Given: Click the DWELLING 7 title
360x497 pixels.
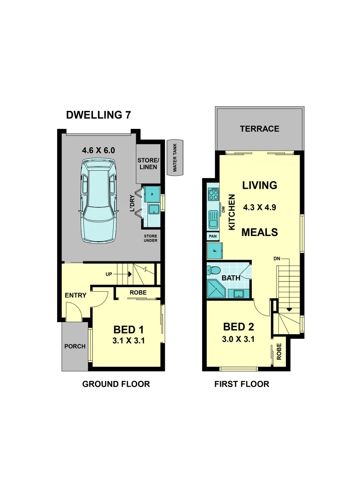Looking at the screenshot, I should tap(99, 115).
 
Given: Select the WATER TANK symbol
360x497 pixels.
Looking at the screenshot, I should tap(174, 157).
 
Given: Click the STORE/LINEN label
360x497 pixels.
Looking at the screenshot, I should tap(148, 163).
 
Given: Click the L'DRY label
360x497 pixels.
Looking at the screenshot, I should tap(133, 204).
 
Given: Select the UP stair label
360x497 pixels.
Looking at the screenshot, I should tap(109, 274).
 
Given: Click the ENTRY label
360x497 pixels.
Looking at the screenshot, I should tap(75, 295).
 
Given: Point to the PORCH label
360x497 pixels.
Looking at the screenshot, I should tap(75, 346).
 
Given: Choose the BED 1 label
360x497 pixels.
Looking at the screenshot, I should tap(129, 329).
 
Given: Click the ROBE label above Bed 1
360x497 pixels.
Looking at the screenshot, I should tap(138, 292).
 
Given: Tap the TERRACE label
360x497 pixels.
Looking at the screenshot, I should tap(259, 129).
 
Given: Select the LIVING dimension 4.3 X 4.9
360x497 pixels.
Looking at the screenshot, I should tap(260, 208).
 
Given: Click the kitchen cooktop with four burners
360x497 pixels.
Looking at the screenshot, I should tap(214, 195).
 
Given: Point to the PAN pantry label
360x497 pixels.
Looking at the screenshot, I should tap(213, 237).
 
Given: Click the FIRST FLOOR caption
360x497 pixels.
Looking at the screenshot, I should tap(242, 384).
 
